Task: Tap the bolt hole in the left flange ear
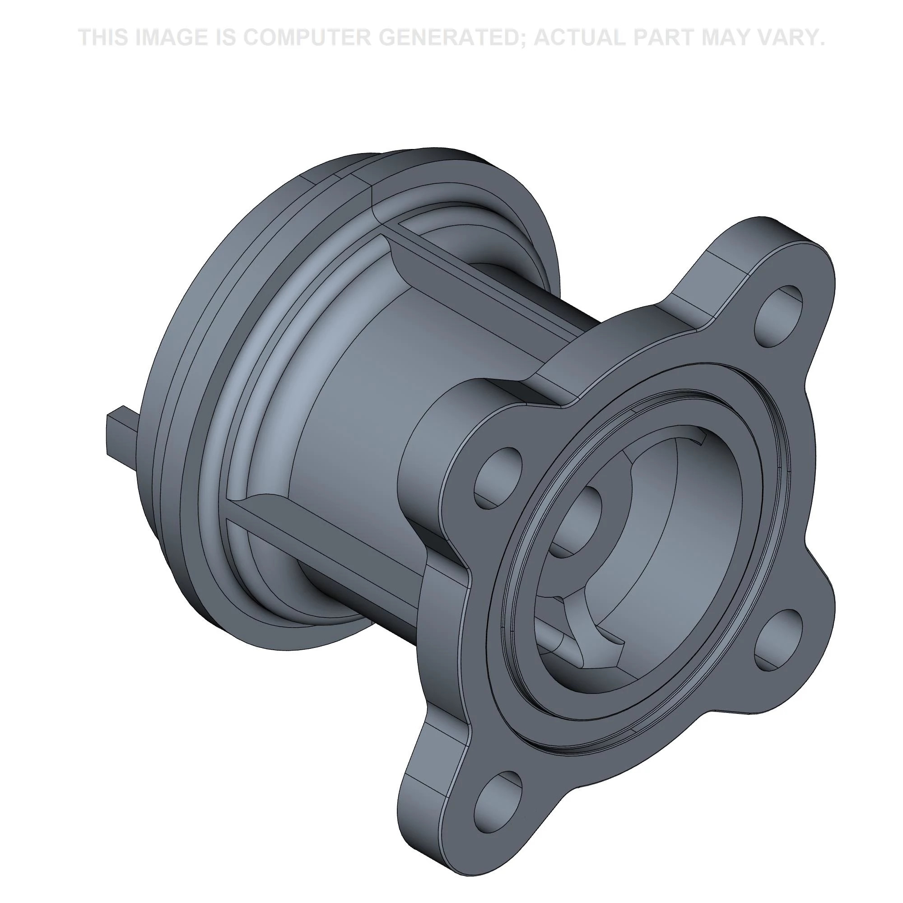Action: coord(497,478)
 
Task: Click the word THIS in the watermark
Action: coord(103,37)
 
